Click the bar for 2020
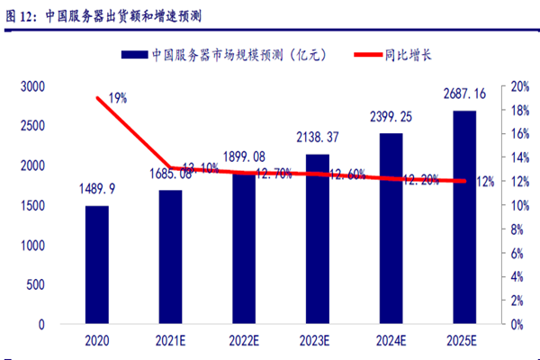(x=97, y=265)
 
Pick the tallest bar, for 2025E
(x=465, y=217)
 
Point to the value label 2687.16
(x=465, y=93)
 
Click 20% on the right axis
(x=519, y=86)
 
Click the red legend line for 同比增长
(x=364, y=55)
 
